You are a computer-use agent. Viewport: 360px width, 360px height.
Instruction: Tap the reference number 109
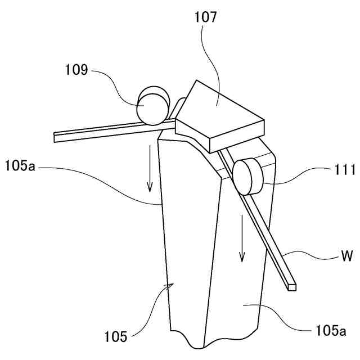pos(76,70)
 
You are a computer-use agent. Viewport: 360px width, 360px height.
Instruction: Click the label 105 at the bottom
pos(115,336)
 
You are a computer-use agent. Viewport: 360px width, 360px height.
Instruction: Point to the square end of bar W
pos(291,286)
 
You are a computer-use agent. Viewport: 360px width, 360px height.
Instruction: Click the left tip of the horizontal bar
pos(56,136)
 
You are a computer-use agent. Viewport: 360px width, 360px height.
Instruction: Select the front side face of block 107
pos(237,138)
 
